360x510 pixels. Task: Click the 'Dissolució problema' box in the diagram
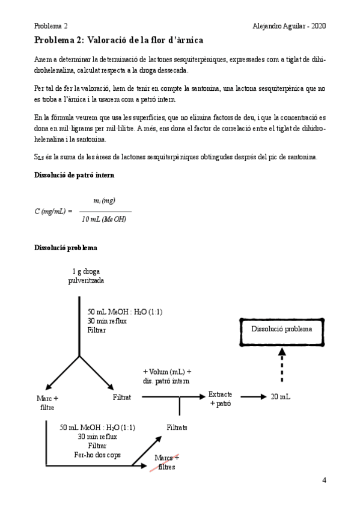(281, 329)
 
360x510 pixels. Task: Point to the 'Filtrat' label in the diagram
(122, 398)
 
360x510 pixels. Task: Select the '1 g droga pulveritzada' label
(82, 276)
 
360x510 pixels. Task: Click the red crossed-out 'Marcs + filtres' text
(166, 463)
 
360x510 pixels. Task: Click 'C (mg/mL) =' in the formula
(53, 210)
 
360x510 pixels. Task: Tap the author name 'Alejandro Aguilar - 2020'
(290, 26)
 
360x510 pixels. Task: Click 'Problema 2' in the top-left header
(50, 26)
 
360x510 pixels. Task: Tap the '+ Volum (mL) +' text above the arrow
(166, 371)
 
